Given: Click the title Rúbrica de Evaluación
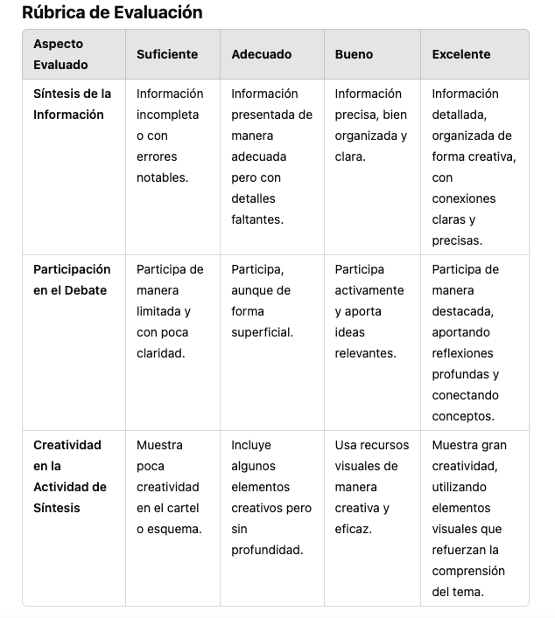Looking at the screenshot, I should point(112,13).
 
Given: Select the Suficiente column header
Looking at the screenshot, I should point(167,54).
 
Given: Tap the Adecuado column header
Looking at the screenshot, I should point(261,54).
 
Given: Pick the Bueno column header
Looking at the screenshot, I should point(354,54).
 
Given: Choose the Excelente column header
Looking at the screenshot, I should point(460,54).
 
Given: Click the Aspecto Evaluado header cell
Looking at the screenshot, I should point(60,54).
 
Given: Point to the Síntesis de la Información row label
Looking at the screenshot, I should point(73,104).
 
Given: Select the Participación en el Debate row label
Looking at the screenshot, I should point(72,280).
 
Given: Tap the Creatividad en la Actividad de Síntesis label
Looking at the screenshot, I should point(70,476).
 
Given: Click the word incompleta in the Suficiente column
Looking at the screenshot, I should point(167,115).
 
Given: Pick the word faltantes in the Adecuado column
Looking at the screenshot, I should point(257,219).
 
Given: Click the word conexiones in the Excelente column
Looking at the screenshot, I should point(463,198).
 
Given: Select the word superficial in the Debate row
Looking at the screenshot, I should point(262,332).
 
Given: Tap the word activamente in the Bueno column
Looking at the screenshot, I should point(369,290).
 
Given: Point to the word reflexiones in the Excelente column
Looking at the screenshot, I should point(462,353).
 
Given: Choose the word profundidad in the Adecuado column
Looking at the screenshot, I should point(266,550).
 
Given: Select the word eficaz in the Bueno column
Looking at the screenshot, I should point(353,529).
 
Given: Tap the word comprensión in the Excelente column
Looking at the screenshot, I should point(468,571).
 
